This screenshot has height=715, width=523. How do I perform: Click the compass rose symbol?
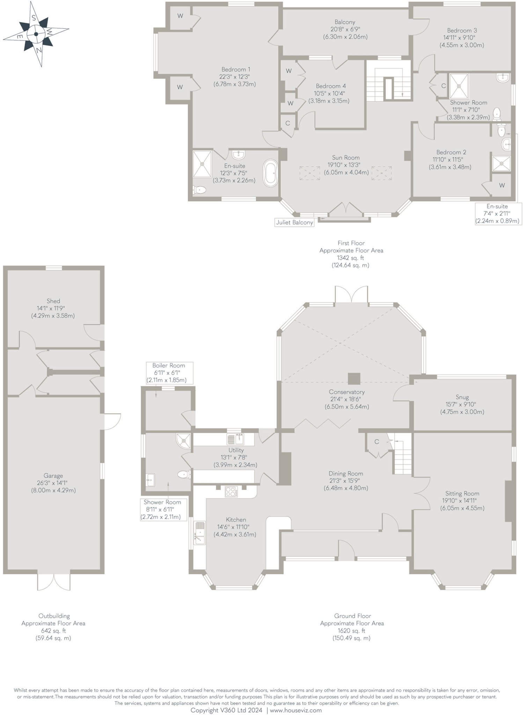(36, 34)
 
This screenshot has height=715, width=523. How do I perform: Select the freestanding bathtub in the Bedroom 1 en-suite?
(271, 174)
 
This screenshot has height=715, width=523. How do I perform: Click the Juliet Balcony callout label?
(294, 222)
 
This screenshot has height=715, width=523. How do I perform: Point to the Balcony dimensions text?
(345, 33)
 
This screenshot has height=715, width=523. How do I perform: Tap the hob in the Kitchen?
(231, 492)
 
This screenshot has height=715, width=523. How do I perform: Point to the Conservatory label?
(346, 392)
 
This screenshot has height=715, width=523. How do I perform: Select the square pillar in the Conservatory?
(354, 378)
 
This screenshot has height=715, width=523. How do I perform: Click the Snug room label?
(462, 397)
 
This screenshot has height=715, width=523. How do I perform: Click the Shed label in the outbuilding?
(53, 301)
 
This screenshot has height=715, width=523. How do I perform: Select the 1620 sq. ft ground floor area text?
(351, 631)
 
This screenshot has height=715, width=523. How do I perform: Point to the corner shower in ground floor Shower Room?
(184, 441)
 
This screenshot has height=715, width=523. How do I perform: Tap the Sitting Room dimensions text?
(462, 504)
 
